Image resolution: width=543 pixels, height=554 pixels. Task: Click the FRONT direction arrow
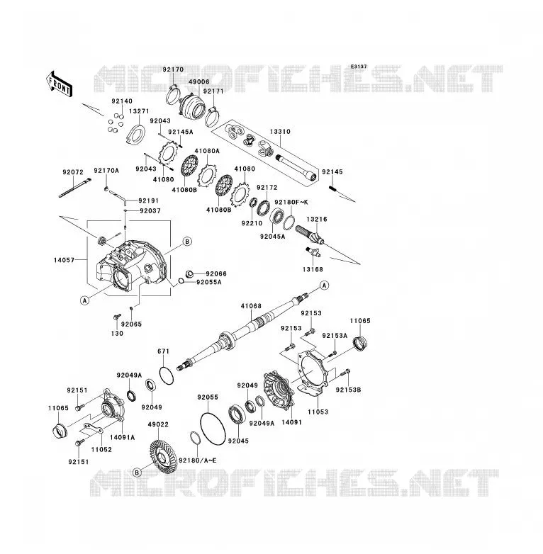click(60, 84)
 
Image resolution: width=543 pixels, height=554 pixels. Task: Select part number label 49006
click(198, 81)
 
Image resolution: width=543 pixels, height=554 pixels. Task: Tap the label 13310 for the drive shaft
click(280, 132)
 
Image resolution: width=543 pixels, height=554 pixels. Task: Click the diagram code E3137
click(359, 67)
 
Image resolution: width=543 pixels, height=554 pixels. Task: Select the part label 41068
click(251, 306)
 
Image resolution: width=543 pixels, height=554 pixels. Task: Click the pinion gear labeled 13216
click(310, 235)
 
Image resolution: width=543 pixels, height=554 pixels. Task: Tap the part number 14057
click(64, 260)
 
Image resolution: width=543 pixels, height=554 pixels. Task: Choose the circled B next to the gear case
click(187, 242)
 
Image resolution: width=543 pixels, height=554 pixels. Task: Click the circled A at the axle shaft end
click(324, 285)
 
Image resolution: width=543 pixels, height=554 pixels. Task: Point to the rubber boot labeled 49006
click(192, 107)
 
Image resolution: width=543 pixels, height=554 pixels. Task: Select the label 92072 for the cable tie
click(73, 172)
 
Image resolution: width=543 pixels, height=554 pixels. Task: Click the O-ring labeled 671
click(167, 375)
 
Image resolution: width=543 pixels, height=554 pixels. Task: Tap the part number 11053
click(318, 412)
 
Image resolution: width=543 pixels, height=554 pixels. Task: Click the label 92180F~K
click(291, 202)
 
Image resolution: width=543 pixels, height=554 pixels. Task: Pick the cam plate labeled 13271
click(136, 135)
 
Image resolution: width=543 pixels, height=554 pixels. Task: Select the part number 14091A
click(123, 437)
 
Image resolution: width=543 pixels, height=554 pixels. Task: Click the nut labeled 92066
click(189, 273)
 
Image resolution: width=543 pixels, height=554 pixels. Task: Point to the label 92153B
click(348, 390)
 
